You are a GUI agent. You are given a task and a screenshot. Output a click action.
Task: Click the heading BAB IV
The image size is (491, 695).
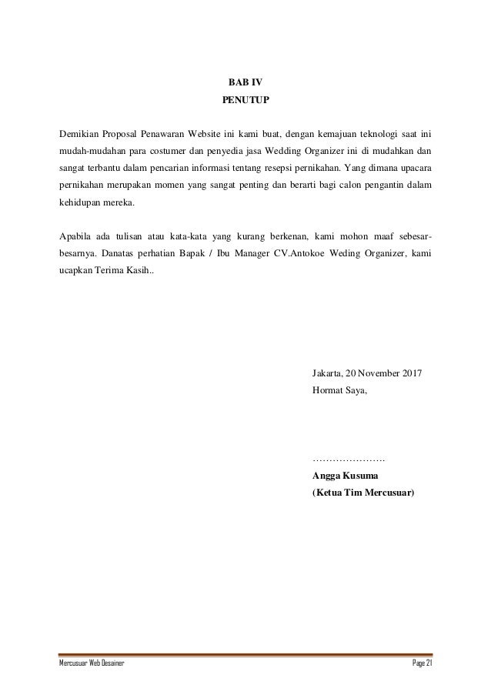point(245,82)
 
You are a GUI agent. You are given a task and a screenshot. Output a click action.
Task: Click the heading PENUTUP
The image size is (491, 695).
point(245,100)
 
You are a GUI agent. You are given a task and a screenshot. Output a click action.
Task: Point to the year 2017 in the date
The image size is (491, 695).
point(413,374)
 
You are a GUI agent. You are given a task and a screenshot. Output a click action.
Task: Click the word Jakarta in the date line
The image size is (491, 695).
point(327,374)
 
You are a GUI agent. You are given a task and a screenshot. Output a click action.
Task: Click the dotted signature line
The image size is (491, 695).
point(349,459)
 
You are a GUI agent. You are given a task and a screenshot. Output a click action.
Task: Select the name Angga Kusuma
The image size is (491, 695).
point(345,475)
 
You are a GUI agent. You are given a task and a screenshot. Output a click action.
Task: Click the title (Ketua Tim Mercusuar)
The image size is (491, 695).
point(362,492)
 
